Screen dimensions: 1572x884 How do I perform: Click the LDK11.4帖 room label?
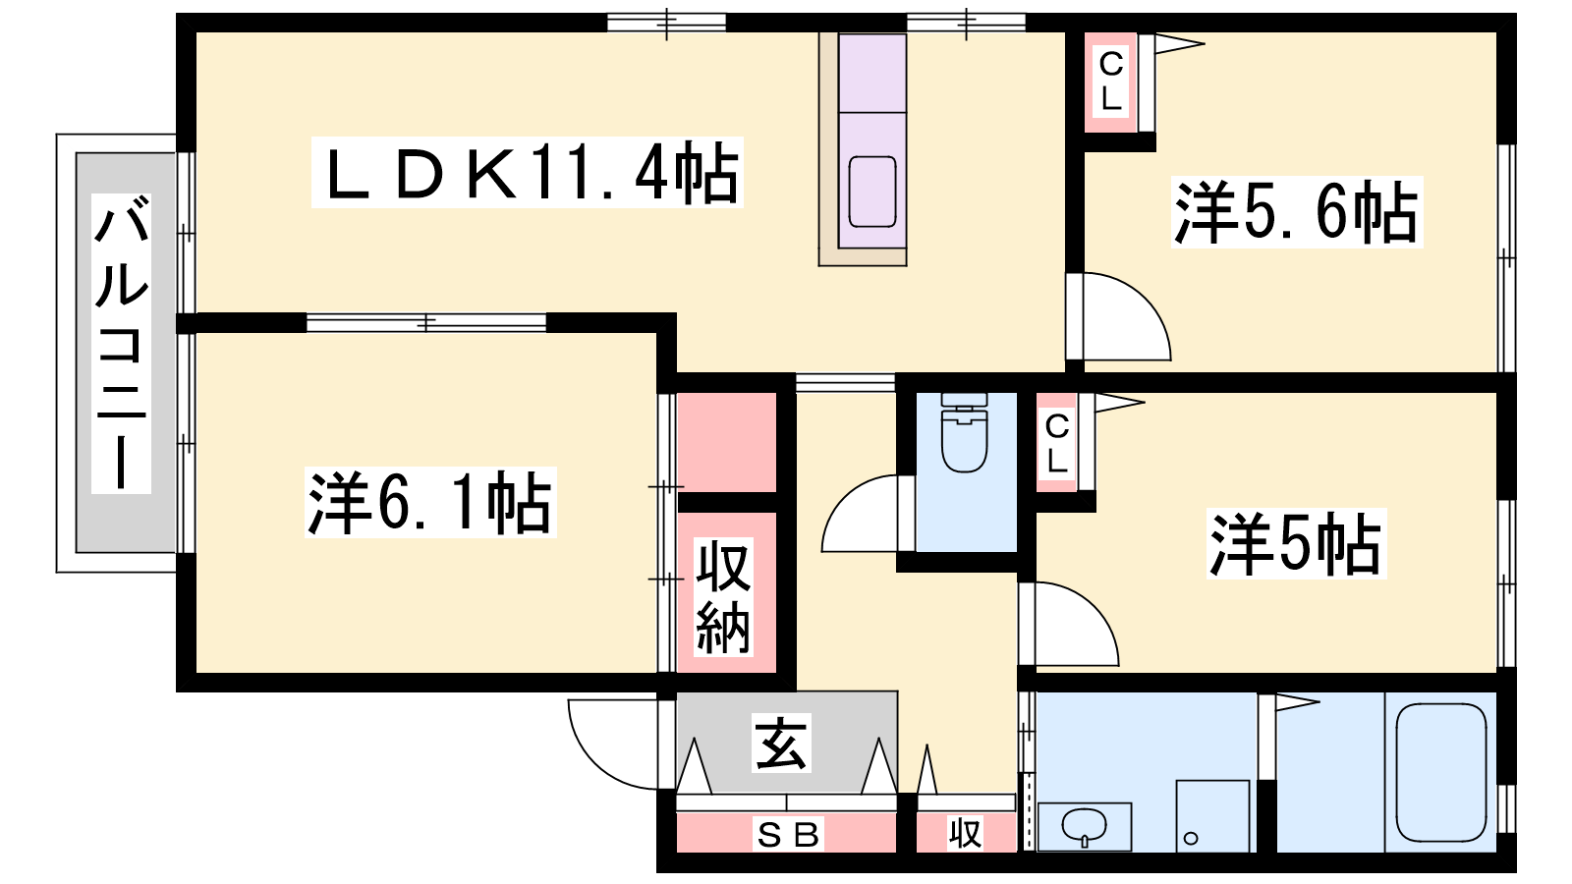tap(527, 173)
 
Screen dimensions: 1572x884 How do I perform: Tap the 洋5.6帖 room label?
tap(1297, 212)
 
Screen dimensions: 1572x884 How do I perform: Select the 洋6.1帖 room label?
tap(430, 502)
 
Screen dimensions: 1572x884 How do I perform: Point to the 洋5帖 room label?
tap(1296, 544)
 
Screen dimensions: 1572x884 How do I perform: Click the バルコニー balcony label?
tap(122, 344)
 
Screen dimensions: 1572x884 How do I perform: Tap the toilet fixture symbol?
tap(964, 433)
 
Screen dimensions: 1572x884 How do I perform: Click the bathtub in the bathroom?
tap(1441, 772)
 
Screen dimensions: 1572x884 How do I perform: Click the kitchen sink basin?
tap(872, 192)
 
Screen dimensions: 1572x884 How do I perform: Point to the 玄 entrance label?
tap(781, 743)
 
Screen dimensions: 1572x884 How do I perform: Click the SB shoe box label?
tap(787, 835)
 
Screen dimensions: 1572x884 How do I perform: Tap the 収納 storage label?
tap(723, 597)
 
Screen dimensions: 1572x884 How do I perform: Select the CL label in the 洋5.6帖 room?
tap(1111, 83)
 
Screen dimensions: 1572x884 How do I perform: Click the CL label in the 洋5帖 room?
tap(1057, 444)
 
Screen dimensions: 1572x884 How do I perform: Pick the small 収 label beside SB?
tap(965, 834)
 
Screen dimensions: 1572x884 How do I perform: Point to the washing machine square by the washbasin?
tap(1212, 815)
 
